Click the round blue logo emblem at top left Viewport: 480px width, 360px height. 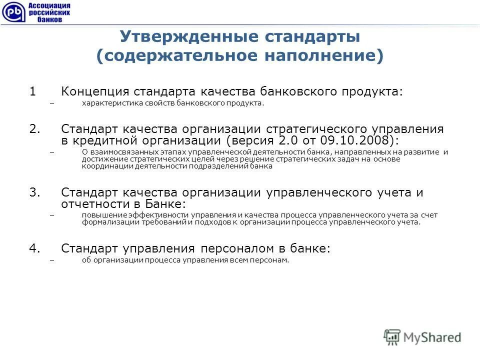(x=12, y=12)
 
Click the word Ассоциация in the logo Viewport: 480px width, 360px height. (x=49, y=5)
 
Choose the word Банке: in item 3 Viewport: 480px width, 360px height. (x=165, y=203)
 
